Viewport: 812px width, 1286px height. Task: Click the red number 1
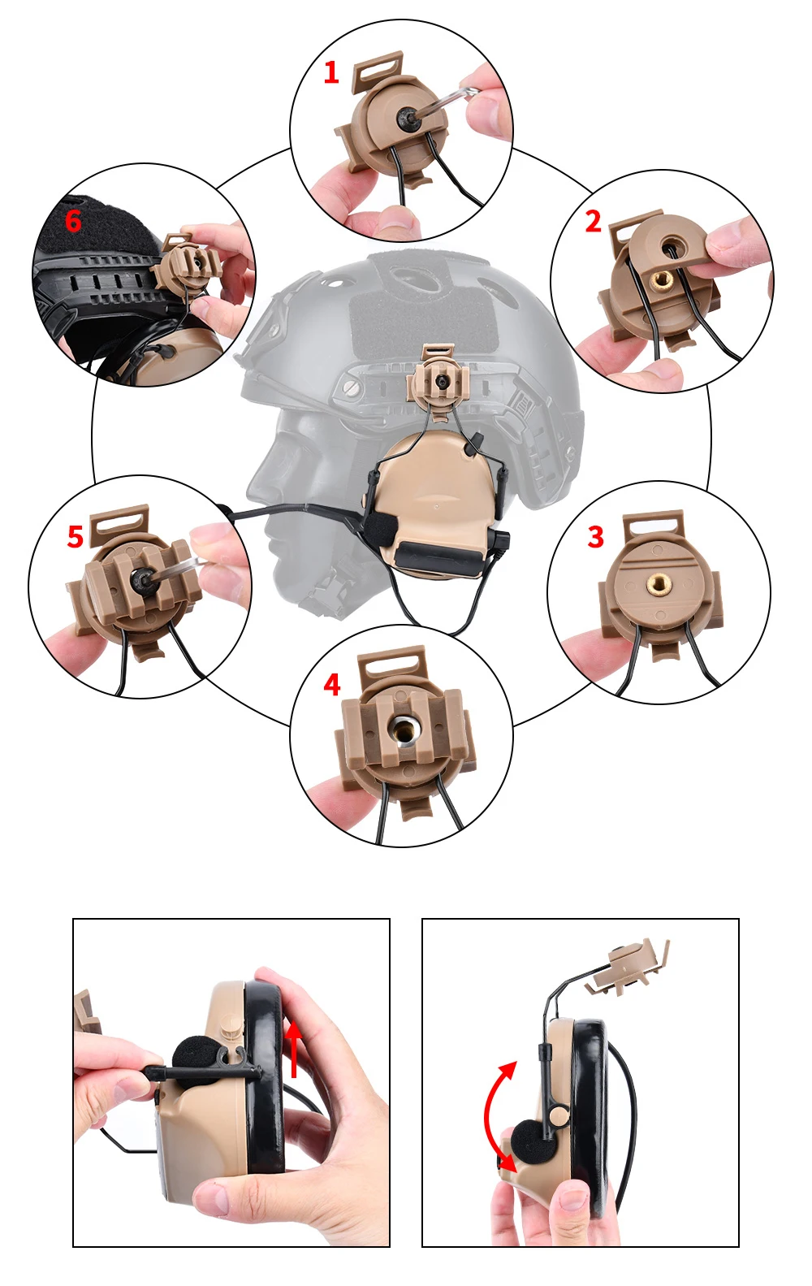331,73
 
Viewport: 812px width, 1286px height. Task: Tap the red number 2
594,222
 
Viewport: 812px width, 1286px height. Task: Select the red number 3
596,537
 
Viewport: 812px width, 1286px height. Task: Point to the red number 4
331,685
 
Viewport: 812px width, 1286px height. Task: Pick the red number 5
76,537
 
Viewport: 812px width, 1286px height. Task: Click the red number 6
73,221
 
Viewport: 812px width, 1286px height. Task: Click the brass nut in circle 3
659,586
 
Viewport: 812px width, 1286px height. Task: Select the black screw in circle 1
408,117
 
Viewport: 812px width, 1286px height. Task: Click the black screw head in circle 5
143,579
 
